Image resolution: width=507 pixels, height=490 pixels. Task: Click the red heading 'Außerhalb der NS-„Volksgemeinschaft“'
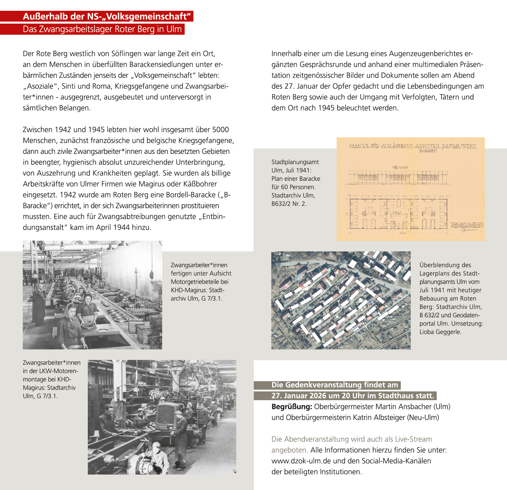[x=108, y=16]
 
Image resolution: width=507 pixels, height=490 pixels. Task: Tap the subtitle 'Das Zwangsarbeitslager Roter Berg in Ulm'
[x=102, y=29]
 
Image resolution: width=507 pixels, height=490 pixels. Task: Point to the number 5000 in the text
[x=220, y=129]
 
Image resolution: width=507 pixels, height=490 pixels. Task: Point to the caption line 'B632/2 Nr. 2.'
[x=289, y=204]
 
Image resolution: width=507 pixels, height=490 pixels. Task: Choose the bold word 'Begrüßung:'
[x=292, y=407]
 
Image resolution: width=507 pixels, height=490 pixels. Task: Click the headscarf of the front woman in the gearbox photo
[x=70, y=308]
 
